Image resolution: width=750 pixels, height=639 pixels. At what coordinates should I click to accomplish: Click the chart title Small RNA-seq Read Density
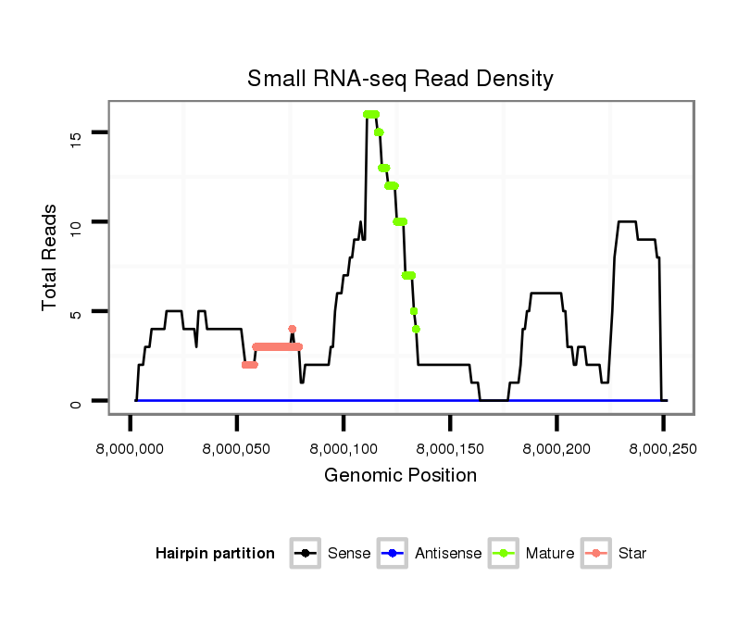(x=400, y=79)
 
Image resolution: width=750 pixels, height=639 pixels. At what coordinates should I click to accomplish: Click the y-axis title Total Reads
(x=52, y=257)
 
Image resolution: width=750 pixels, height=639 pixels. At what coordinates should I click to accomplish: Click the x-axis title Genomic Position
(x=400, y=476)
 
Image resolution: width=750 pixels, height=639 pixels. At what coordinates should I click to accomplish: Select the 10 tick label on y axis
(x=78, y=223)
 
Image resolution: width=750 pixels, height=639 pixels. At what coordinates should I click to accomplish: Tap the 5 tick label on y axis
(x=78, y=313)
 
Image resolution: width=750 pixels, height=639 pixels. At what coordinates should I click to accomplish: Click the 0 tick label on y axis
(x=78, y=402)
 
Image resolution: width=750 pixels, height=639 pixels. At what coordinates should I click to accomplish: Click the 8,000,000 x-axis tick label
(x=130, y=448)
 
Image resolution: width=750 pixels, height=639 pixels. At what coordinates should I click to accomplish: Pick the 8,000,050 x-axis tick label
(x=237, y=448)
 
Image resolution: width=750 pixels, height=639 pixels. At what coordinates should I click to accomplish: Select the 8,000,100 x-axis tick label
(x=344, y=448)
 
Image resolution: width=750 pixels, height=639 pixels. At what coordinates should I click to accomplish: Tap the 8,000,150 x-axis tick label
(x=450, y=448)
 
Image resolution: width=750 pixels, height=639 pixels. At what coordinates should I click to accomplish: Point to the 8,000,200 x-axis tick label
(x=556, y=448)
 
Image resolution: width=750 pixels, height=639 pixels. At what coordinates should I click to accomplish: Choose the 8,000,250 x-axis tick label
(x=663, y=448)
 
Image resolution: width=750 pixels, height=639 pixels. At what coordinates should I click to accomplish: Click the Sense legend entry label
(x=349, y=554)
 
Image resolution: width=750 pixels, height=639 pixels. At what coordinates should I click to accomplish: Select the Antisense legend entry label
(x=448, y=554)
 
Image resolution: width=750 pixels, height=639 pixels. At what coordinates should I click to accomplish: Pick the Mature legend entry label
(x=550, y=554)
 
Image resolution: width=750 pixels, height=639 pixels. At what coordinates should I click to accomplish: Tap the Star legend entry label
(x=632, y=554)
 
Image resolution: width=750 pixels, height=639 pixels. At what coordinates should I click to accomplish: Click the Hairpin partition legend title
(x=215, y=554)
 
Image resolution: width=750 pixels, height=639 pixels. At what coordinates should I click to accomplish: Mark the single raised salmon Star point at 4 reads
(x=292, y=329)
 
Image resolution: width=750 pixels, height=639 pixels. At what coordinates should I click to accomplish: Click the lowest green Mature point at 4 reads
(x=417, y=329)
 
